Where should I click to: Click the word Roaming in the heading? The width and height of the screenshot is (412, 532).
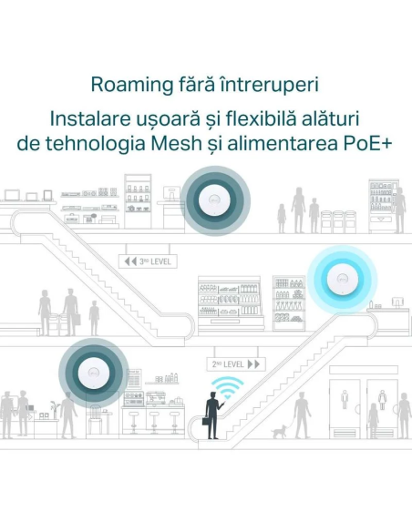click(132, 85)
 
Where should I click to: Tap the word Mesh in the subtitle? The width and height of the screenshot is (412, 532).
click(176, 144)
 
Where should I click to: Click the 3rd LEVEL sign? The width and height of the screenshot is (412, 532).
click(148, 261)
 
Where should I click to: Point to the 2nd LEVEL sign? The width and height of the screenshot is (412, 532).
click(236, 364)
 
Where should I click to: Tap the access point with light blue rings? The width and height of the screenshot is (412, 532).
click(343, 280)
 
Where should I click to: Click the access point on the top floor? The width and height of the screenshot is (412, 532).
click(215, 200)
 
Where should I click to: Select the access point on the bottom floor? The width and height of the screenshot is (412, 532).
click(94, 373)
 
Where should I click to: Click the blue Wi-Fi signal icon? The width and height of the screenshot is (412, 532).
click(227, 387)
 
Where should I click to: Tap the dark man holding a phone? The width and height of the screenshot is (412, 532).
click(213, 415)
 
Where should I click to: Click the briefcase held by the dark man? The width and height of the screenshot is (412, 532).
click(206, 421)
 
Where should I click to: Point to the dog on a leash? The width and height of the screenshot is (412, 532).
click(279, 432)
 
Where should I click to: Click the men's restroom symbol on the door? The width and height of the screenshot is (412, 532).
click(345, 399)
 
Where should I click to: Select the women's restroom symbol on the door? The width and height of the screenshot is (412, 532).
click(383, 399)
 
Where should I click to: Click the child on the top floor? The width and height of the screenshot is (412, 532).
click(282, 219)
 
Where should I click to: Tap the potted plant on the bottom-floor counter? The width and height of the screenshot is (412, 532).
click(54, 410)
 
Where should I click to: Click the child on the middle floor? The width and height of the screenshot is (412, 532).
click(94, 318)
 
